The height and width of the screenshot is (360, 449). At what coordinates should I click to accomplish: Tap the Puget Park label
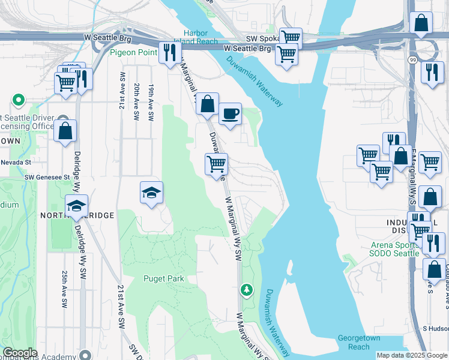[163, 278]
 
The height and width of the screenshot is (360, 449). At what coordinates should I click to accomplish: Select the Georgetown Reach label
[359, 342]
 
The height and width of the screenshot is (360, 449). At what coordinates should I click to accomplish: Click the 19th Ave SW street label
[152, 96]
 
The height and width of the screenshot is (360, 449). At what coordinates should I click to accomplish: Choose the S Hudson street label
[435, 328]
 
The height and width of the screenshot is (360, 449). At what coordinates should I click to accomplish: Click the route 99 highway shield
[412, 61]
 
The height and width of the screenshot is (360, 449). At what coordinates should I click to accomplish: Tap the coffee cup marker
[229, 113]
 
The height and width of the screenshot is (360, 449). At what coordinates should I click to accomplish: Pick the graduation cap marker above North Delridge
[76, 206]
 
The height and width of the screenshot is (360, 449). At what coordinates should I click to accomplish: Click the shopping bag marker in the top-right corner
[421, 23]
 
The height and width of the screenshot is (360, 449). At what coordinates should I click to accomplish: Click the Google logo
[20, 353]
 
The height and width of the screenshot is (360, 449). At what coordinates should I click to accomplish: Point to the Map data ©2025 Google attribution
[411, 355]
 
